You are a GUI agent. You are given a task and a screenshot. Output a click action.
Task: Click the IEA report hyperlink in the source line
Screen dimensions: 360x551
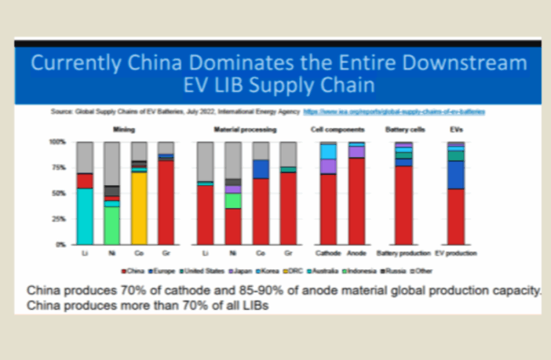tap(393, 112)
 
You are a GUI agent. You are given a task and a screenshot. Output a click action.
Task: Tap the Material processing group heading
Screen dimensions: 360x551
tap(244, 129)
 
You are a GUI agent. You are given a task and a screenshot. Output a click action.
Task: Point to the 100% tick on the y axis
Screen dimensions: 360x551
tap(58, 142)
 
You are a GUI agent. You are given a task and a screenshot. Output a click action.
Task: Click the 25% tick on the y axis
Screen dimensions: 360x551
tap(60, 219)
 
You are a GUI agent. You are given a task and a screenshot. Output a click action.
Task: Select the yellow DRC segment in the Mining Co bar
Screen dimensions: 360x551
tap(139, 208)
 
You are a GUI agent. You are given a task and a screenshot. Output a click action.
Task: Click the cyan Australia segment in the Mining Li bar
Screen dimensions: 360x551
tap(85, 216)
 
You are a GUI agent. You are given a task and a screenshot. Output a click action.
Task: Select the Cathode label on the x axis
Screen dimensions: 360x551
tap(328, 254)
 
